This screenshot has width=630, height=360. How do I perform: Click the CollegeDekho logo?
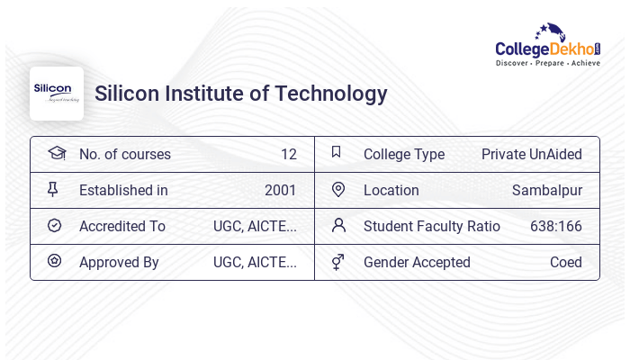[x=548, y=47]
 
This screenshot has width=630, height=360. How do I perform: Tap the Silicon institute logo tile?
[x=57, y=94]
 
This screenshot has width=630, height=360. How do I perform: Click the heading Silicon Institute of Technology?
[x=241, y=94]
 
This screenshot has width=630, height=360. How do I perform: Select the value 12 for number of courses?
[x=288, y=154]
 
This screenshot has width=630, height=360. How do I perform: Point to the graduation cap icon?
[x=56, y=153]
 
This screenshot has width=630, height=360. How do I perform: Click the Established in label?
[x=123, y=190]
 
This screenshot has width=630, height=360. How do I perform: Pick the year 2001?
[x=280, y=190]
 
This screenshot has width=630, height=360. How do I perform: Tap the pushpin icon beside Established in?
[x=53, y=189]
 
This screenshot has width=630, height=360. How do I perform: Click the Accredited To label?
[x=122, y=226]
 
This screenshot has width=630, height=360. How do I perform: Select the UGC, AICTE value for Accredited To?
[x=255, y=226]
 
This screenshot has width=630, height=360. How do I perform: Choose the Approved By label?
[x=119, y=262]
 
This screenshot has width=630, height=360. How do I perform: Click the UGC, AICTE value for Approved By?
[x=255, y=262]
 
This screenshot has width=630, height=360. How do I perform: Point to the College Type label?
[x=404, y=154]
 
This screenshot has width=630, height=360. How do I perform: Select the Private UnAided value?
[x=532, y=154]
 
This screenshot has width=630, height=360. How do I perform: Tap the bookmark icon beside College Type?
[x=337, y=152]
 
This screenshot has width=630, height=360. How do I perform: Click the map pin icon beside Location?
[x=338, y=189]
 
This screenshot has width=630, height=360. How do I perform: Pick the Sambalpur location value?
[x=547, y=190]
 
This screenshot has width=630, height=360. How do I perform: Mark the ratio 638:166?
[x=556, y=226]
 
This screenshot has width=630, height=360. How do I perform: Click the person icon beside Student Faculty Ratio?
[x=338, y=225]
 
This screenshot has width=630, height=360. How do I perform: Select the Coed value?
[x=566, y=262]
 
